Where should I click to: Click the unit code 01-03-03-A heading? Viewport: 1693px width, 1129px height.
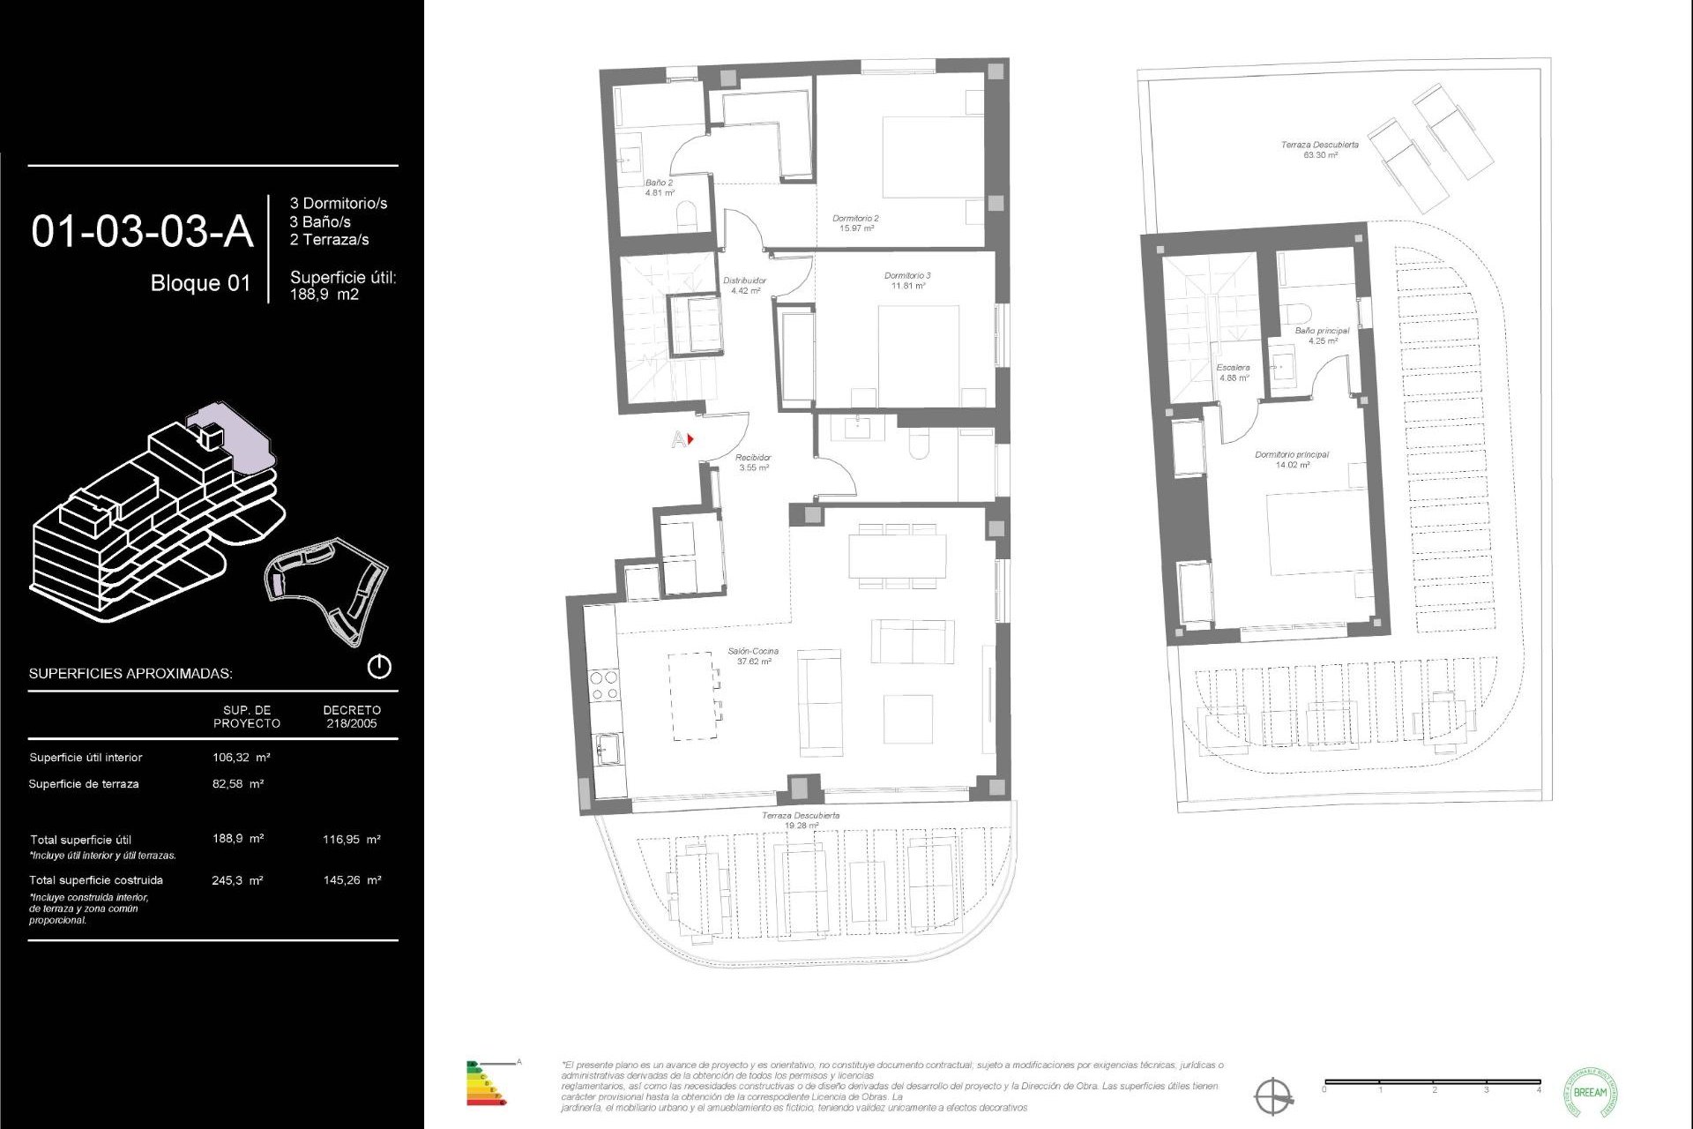[x=142, y=232]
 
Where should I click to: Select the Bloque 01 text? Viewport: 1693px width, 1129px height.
[x=200, y=283]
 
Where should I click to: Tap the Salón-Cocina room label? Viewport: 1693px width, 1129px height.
[x=753, y=655]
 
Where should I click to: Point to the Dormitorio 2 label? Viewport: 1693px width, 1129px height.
[x=855, y=222]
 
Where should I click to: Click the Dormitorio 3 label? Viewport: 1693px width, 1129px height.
[x=907, y=280]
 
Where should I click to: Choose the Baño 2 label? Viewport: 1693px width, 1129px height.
[x=659, y=187]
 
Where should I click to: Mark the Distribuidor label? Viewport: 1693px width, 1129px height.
[x=744, y=285]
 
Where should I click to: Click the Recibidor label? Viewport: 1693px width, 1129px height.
[x=753, y=462]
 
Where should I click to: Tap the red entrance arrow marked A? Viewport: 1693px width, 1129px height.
[x=690, y=438]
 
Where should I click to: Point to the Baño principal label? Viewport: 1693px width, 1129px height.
[x=1322, y=335]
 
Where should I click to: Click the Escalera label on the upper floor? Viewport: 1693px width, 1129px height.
[x=1233, y=372]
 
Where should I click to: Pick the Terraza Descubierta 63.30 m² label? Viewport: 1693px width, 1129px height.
[x=1319, y=149]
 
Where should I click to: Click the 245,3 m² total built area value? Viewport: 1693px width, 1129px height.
[x=237, y=880]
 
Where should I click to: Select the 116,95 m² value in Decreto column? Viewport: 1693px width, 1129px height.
[x=351, y=840]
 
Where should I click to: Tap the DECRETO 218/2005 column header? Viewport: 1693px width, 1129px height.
[x=352, y=716]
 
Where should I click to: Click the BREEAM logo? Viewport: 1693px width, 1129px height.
[x=1590, y=1092]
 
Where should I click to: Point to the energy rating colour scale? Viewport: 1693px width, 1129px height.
[x=485, y=1085]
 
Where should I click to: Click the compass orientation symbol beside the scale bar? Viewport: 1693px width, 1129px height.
[x=1273, y=1096]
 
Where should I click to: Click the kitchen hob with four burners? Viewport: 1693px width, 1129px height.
[x=604, y=685]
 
